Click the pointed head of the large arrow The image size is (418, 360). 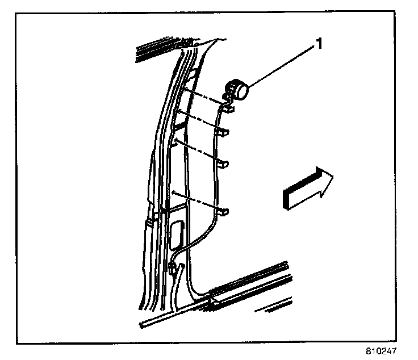pos(324,181)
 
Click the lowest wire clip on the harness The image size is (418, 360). pos(225,212)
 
